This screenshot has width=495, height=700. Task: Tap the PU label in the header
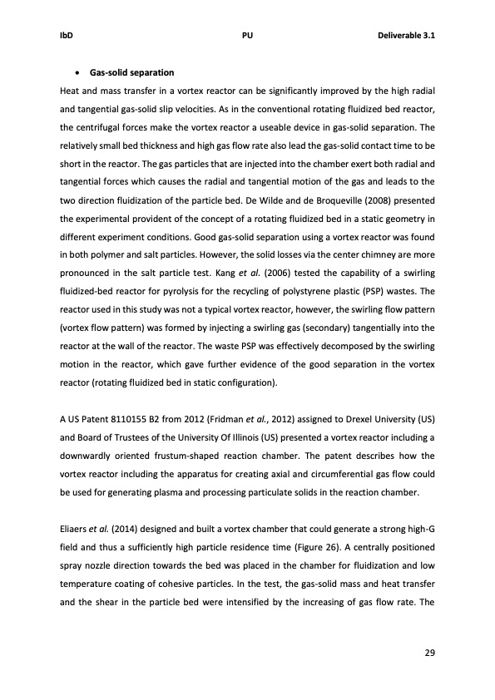pos(247,37)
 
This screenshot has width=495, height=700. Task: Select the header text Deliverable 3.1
pos(407,37)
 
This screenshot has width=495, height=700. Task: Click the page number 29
pos(430,651)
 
